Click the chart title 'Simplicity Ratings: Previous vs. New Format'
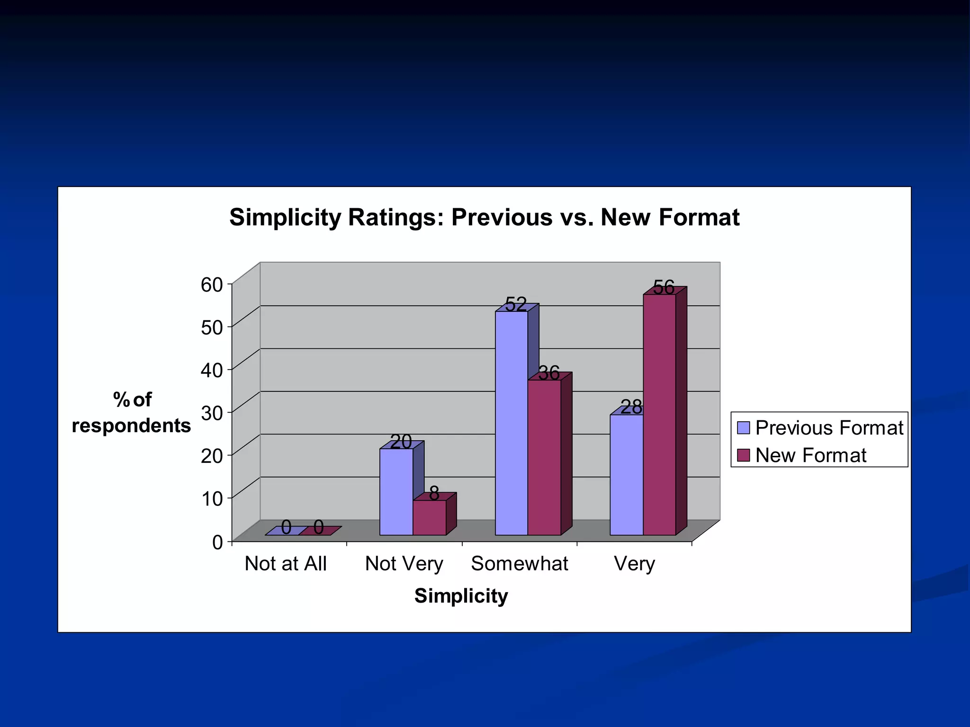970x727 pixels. click(484, 218)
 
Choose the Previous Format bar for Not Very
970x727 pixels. click(396, 492)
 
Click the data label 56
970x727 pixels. click(664, 287)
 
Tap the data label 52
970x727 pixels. click(516, 304)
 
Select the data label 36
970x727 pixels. click(549, 373)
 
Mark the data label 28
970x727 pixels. click(631, 407)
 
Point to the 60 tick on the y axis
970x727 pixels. click(212, 284)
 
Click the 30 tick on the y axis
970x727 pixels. click(212, 413)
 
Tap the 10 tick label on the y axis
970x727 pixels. click(212, 498)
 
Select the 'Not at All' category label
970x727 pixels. click(286, 564)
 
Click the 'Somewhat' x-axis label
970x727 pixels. click(520, 564)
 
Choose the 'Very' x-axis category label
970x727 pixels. click(634, 564)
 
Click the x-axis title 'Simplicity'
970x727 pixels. click(461, 595)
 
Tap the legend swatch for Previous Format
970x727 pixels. click(744, 428)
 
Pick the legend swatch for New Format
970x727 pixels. click(744, 455)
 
